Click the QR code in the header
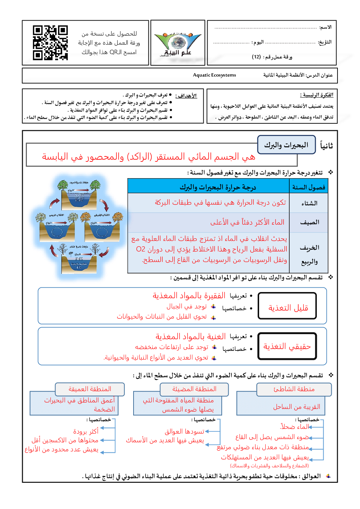pos(50,42)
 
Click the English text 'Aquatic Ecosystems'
pos(214,75)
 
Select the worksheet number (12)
pos(257,57)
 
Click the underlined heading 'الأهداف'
pos(186,96)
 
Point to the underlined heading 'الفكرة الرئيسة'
pos(317,95)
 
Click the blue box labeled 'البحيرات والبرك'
pos(286,145)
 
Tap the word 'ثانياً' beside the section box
pos(326,146)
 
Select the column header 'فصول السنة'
pos(309,187)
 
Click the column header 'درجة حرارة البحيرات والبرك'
pos(218,187)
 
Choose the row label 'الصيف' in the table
pos(310,222)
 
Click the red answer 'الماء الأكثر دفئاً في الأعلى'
pos(247,222)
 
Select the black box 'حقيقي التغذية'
pos(287,346)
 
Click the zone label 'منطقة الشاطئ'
pos(294,389)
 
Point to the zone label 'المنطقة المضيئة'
pos(194,389)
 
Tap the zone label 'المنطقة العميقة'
pos(90,389)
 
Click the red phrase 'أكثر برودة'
pos(86,431)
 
